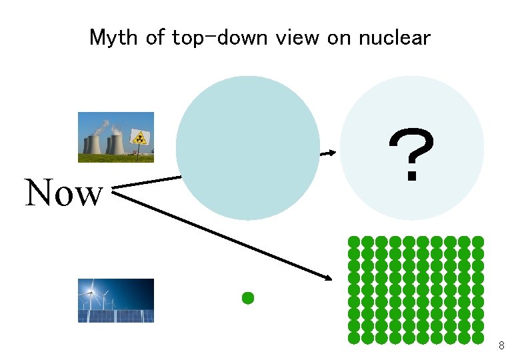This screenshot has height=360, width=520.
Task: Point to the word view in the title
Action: click(299, 37)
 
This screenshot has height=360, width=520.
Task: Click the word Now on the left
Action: click(64, 193)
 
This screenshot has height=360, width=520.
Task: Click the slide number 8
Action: click(501, 345)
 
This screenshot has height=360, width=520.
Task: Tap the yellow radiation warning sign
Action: click(139, 137)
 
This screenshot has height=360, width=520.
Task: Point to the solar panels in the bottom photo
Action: click(117, 315)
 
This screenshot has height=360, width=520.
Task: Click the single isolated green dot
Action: click(248, 298)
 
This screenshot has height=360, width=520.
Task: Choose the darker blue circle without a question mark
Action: click(248, 148)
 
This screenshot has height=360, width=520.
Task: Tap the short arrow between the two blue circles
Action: click(327, 153)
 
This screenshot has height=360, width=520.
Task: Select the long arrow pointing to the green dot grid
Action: click(227, 233)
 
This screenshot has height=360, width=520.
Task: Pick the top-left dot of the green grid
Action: click(354, 241)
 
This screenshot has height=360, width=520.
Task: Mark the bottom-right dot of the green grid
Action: click(478, 338)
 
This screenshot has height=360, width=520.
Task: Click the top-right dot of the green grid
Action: click(478, 241)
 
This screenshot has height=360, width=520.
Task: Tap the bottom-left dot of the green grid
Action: click(354, 338)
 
